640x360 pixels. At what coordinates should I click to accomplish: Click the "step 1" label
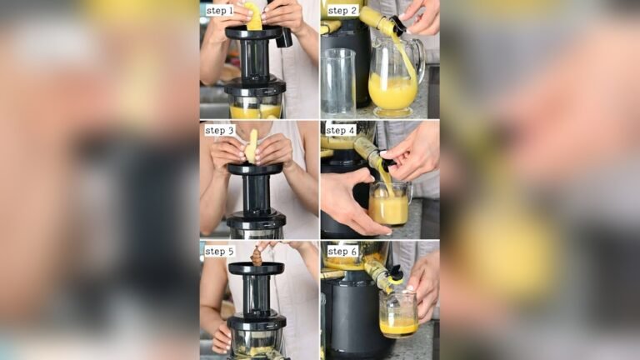(219, 11)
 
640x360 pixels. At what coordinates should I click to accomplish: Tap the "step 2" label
(342, 11)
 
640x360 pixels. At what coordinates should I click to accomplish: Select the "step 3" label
(219, 131)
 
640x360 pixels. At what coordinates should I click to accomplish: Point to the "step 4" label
(340, 131)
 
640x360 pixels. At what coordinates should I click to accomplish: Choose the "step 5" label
(219, 251)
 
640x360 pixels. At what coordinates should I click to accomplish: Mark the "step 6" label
(342, 251)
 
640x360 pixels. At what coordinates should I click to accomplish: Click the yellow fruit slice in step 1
(253, 17)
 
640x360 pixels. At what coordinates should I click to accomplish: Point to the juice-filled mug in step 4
(388, 205)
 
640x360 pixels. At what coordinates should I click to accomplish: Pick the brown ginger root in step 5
(256, 256)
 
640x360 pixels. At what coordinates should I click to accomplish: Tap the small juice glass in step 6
(397, 312)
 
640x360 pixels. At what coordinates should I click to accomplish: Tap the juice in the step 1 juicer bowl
(255, 111)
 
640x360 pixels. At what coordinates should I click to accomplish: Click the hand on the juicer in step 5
(222, 337)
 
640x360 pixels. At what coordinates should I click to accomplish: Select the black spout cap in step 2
(398, 26)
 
